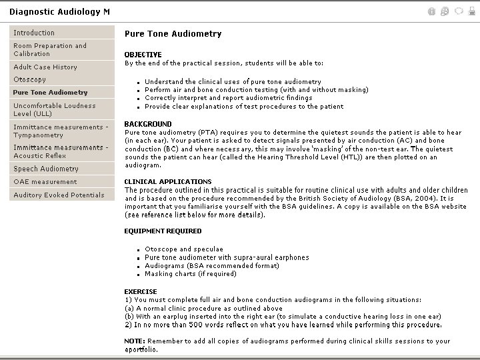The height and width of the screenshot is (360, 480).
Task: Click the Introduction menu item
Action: point(35,33)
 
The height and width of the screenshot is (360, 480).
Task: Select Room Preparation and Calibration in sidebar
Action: point(50,50)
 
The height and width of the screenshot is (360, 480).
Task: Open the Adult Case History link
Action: point(45,67)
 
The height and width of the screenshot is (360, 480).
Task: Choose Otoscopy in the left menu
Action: point(30,80)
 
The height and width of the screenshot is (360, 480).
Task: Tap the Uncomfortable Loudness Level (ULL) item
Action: point(54,110)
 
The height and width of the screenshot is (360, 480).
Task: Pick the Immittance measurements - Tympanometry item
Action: point(60,131)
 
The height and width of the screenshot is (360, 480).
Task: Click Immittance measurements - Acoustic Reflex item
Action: point(60,151)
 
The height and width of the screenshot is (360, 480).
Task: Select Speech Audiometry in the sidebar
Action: point(46,169)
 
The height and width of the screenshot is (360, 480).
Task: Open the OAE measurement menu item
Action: point(45,182)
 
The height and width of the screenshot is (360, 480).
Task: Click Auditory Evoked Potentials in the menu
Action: point(59,195)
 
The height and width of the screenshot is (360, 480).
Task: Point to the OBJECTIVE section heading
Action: point(143,55)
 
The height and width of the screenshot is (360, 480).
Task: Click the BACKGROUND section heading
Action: point(147,124)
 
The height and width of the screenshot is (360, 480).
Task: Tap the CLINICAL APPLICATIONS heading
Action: point(167,181)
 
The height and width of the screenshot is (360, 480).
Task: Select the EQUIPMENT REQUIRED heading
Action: point(163,231)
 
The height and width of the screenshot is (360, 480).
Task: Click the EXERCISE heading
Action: point(141,292)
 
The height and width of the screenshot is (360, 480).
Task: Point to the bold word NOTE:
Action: point(135,341)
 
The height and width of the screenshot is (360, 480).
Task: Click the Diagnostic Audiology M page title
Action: point(60,12)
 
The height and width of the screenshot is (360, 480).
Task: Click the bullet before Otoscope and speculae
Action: point(137,250)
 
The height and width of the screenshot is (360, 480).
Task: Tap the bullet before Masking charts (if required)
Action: point(137,274)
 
